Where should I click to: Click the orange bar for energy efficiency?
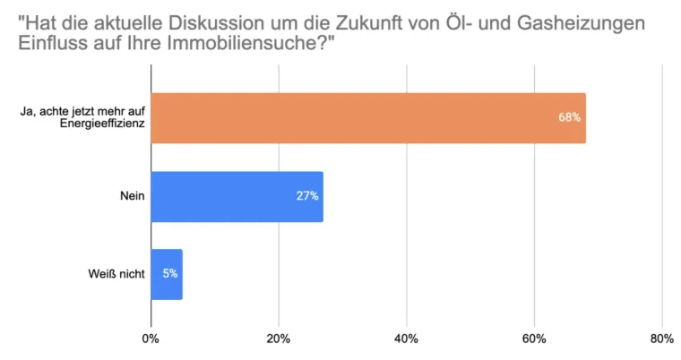click(367, 118)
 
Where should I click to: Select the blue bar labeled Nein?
click(237, 196)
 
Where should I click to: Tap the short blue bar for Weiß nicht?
click(167, 274)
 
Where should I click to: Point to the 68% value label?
click(569, 118)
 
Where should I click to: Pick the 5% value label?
click(170, 273)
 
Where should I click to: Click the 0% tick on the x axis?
click(151, 339)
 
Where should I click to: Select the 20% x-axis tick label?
click(279, 339)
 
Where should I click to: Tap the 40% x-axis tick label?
click(407, 339)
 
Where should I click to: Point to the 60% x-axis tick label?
click(534, 339)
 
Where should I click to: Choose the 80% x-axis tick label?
click(661, 339)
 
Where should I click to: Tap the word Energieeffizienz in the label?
click(101, 125)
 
